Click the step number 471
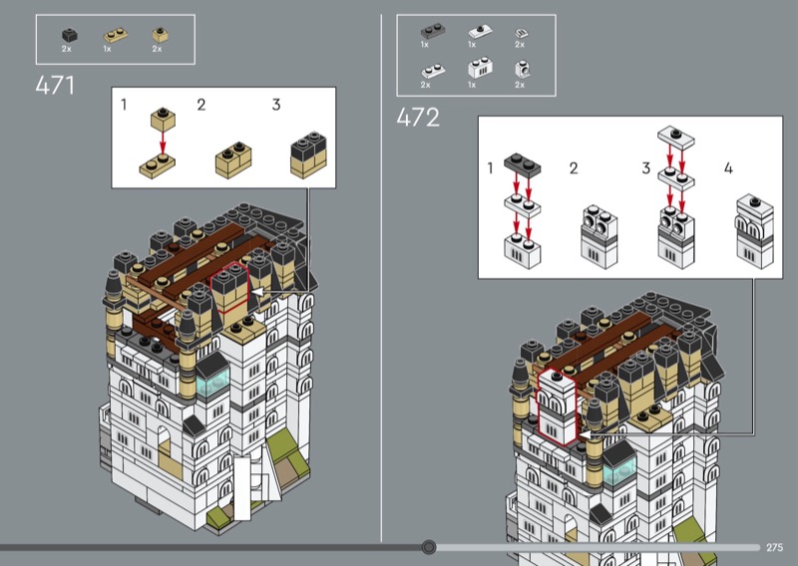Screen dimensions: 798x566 tap(55, 85)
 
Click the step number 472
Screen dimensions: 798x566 tap(418, 118)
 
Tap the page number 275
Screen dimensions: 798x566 tap(775, 547)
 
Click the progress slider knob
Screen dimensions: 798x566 tap(429, 547)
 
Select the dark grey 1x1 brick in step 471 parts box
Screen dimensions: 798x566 tap(69, 35)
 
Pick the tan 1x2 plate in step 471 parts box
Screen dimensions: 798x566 tap(115, 35)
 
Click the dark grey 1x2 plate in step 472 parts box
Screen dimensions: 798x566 tap(433, 31)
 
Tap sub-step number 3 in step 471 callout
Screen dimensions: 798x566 tap(276, 105)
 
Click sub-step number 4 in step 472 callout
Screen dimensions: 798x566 tap(728, 167)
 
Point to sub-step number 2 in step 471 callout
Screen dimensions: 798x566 tap(201, 105)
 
